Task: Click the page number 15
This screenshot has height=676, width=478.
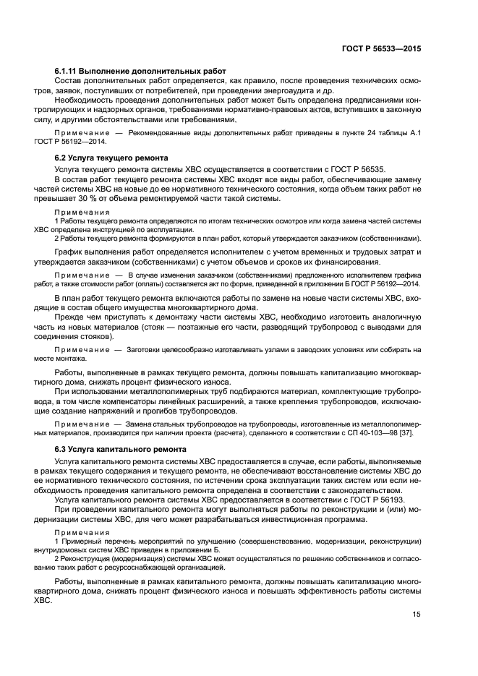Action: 417,615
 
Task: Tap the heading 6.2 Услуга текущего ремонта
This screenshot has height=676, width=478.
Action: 111,158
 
